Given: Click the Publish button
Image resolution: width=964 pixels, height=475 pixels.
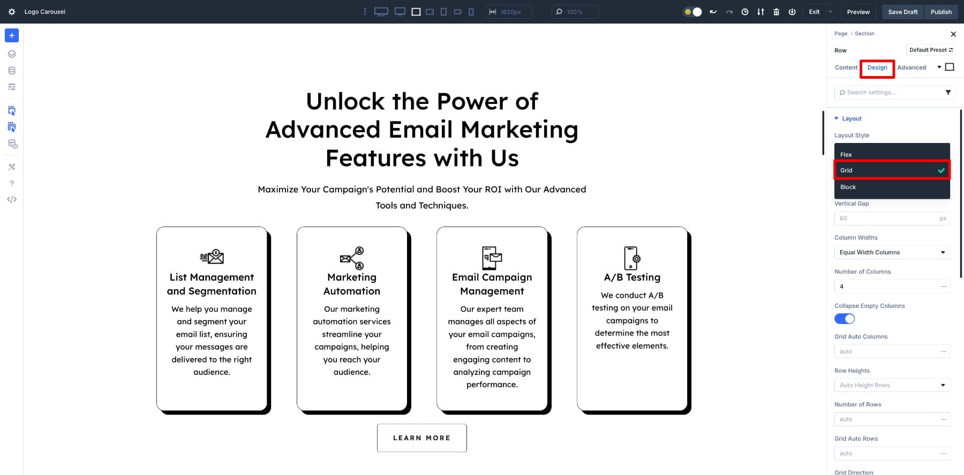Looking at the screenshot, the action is click(941, 12).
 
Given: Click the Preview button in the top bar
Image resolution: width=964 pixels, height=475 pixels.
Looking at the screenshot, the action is click(858, 12).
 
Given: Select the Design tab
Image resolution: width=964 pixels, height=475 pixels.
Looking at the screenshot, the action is click(877, 67).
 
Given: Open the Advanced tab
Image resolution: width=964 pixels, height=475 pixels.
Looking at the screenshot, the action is click(912, 67).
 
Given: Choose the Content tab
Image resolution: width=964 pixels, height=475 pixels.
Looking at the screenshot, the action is click(846, 67).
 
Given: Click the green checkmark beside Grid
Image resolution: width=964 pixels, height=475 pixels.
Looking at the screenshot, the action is click(941, 170).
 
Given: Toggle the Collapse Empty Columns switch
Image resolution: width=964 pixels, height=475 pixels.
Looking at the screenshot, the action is click(845, 319).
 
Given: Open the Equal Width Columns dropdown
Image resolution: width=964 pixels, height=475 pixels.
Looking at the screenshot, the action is click(892, 252).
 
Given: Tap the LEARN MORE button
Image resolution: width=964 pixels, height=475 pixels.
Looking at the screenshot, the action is click(422, 438).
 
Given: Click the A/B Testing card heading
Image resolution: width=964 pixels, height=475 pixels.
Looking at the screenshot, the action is click(632, 277).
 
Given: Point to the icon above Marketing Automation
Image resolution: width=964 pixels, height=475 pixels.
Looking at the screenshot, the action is click(352, 258).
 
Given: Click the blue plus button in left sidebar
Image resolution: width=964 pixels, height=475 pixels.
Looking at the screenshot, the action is click(12, 35).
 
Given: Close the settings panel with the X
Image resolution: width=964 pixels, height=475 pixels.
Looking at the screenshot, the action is click(953, 34).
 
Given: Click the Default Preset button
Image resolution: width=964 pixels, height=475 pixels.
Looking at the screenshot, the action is click(931, 50).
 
